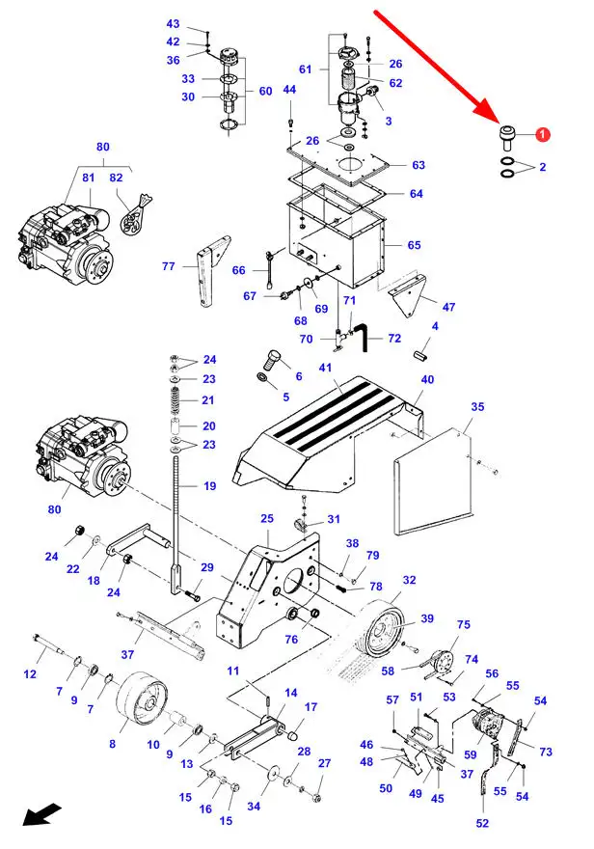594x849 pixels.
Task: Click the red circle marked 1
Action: [543, 136]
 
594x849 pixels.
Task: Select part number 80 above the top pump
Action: [103, 147]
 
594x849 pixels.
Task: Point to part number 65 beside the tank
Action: [414, 245]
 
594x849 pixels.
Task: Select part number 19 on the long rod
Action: [209, 486]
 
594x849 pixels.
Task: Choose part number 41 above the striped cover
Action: [325, 369]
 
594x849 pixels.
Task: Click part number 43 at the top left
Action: [173, 24]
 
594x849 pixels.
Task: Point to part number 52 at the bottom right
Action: [482, 823]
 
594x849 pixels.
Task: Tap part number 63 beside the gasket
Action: [418, 165]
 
